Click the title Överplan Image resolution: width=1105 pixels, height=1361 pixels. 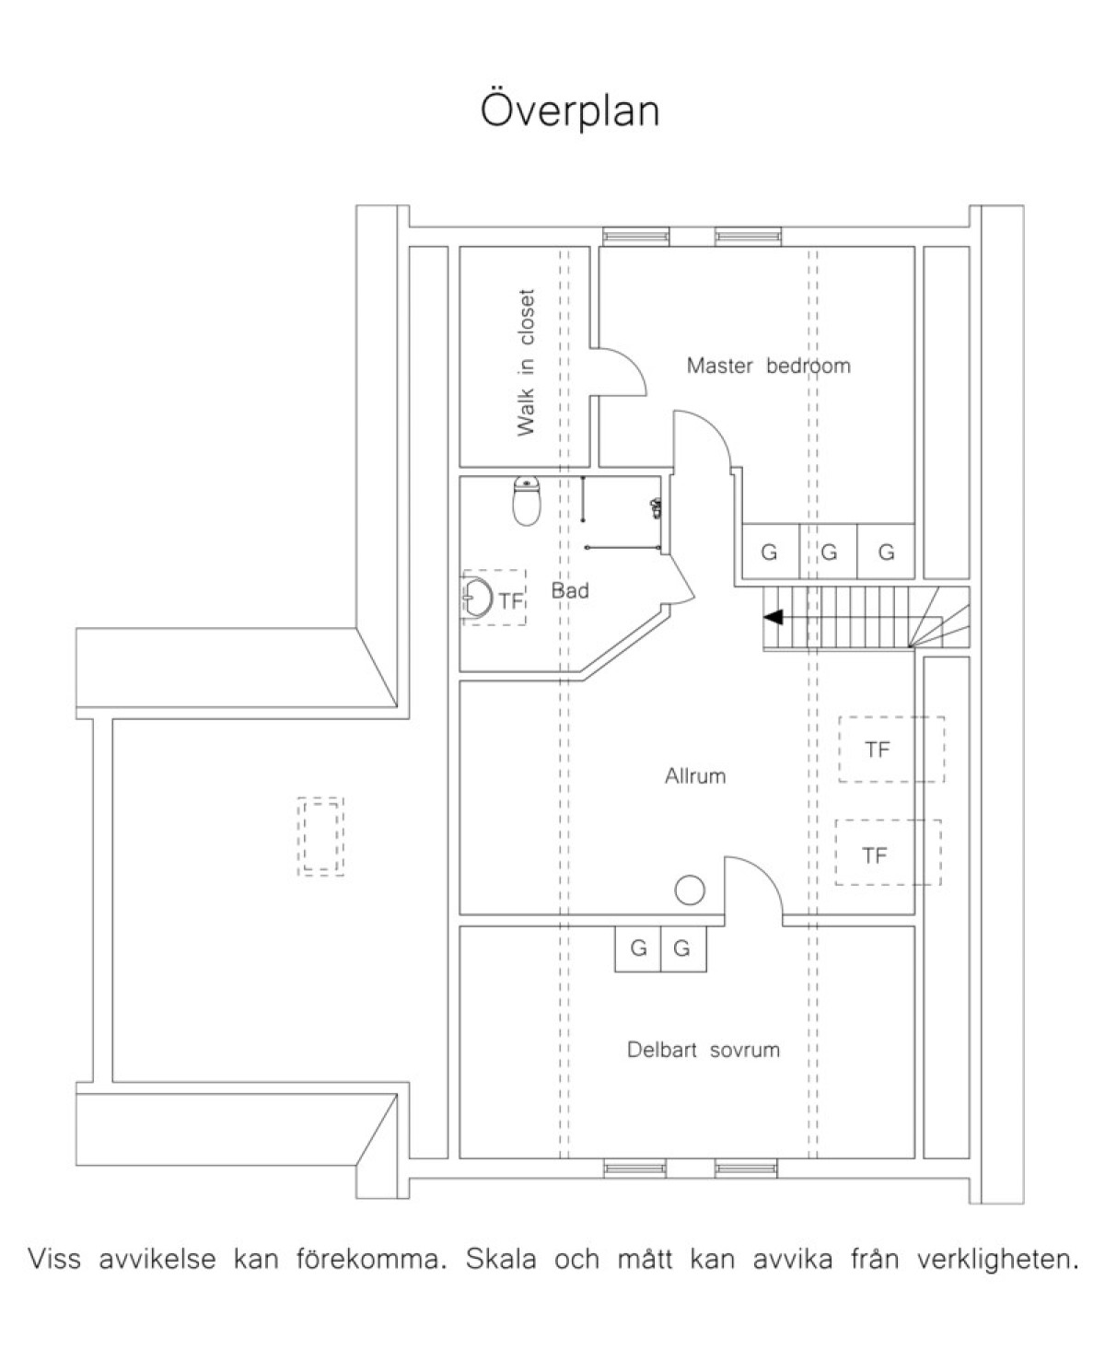click(569, 111)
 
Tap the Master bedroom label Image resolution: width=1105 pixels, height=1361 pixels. click(768, 366)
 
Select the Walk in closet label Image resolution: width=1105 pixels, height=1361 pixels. click(527, 363)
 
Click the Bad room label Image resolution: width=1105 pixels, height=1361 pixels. click(570, 590)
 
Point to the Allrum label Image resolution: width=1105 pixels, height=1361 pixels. click(695, 775)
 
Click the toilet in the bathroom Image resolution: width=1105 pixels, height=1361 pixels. click(527, 501)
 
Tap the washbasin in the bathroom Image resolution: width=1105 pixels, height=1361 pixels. click(477, 598)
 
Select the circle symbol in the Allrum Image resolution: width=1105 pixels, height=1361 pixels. click(690, 890)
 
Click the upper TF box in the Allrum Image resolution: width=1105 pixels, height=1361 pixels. click(891, 750)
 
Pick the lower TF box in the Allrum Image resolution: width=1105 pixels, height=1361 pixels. click(888, 853)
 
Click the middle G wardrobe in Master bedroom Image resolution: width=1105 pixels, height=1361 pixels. click(829, 552)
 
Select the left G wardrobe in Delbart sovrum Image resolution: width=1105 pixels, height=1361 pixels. click(638, 948)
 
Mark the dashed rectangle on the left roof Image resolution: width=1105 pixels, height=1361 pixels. click(320, 836)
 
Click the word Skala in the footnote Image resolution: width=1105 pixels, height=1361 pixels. click(501, 1260)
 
